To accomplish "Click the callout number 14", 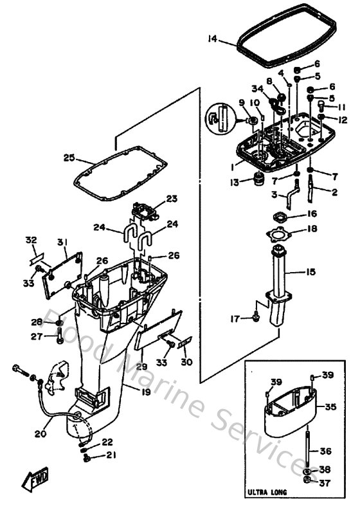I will coord(213,39).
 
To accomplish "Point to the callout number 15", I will coord(310,272).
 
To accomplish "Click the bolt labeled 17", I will coord(256,316).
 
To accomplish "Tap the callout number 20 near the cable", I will coord(40,433).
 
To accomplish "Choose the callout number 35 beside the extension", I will coord(330,407).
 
